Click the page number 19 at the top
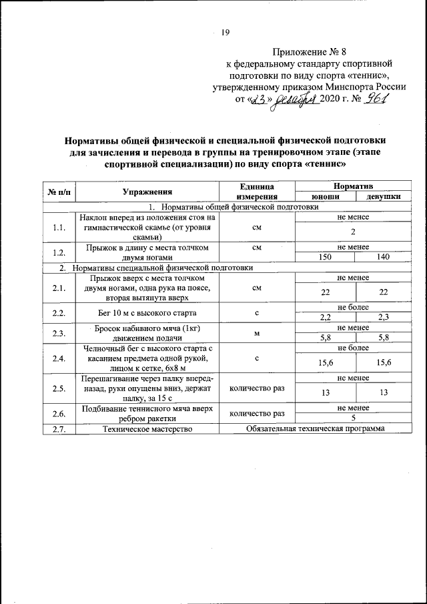225,32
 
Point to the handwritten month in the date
294,99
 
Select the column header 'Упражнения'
147,192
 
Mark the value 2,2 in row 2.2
326,317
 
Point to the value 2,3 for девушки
382,317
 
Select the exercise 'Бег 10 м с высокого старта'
147,312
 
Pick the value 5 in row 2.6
354,418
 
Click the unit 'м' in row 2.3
257,333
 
